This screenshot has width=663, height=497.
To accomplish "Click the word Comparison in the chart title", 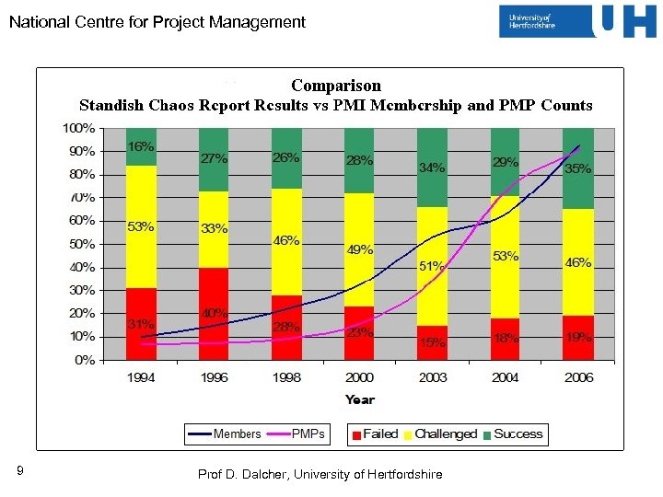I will click(x=335, y=86).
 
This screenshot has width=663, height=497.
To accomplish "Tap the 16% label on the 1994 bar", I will click(x=141, y=146).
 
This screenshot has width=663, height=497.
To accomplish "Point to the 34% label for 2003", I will click(x=432, y=168).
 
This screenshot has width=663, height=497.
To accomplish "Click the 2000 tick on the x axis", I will click(x=359, y=378).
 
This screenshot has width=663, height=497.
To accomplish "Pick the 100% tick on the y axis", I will click(x=79, y=127).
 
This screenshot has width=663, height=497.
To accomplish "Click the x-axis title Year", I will click(x=360, y=399).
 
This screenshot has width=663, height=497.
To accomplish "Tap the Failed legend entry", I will click(x=373, y=433).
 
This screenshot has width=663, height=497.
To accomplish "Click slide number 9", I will click(x=20, y=472).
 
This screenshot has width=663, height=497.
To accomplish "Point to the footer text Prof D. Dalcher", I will click(x=320, y=474).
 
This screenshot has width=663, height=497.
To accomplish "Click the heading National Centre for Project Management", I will click(x=157, y=22).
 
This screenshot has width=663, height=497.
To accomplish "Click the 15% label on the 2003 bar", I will click(x=432, y=343).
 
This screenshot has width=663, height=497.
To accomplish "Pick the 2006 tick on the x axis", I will click(x=578, y=378).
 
